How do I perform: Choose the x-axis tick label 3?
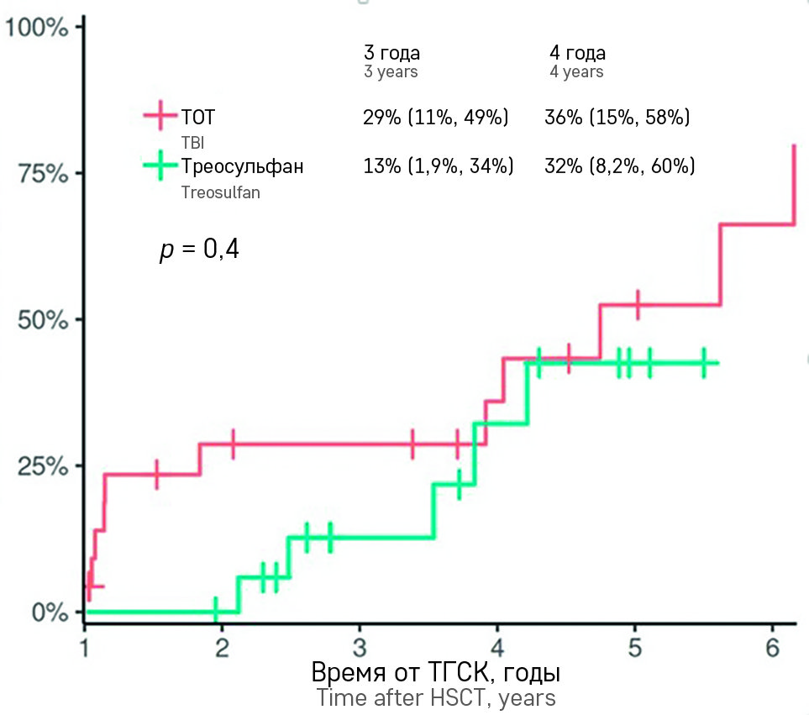click(360, 648)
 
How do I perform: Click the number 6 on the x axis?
click(773, 648)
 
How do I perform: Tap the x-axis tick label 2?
click(223, 648)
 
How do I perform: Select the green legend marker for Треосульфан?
click(160, 166)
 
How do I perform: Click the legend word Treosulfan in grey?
click(220, 192)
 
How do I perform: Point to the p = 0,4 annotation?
click(199, 250)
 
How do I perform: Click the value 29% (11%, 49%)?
click(435, 118)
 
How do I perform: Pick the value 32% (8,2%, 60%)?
click(619, 166)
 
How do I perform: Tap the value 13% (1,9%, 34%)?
click(438, 166)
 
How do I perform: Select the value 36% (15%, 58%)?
click(617, 118)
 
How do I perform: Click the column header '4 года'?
click(577, 53)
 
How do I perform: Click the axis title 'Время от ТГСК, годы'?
click(435, 674)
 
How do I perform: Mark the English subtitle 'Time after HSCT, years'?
click(435, 698)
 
